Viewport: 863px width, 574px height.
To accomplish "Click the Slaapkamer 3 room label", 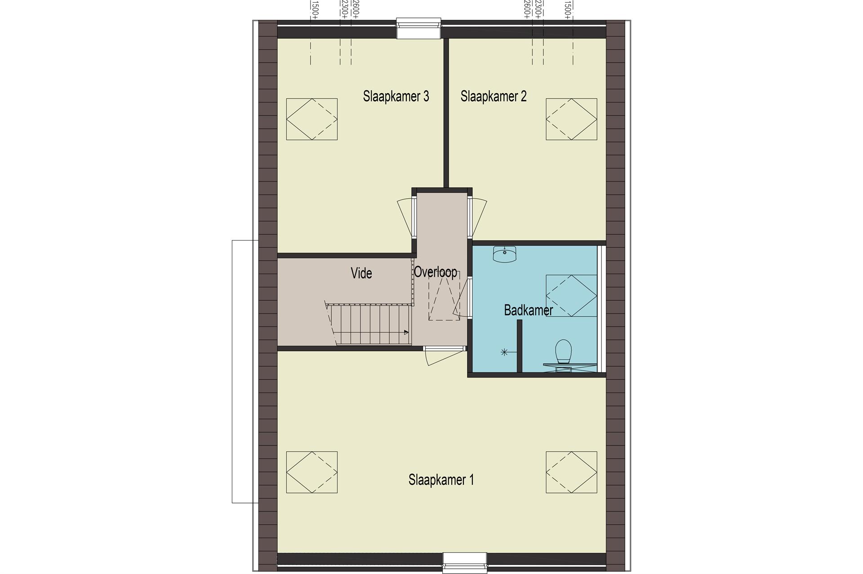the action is click(396, 96).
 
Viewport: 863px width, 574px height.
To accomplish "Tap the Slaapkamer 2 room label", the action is click(494, 96).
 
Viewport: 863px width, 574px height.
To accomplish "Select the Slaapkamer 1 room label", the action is click(441, 480).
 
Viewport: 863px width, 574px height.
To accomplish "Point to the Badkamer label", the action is click(528, 310).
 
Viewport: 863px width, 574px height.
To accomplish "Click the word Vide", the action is click(361, 273).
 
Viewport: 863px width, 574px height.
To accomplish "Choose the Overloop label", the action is click(436, 272).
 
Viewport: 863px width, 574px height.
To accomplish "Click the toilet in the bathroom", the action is click(563, 352).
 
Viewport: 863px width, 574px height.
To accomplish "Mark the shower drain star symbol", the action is click(504, 352).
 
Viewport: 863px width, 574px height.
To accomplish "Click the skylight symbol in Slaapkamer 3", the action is click(312, 119).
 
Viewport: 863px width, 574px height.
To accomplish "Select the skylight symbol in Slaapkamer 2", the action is click(571, 119).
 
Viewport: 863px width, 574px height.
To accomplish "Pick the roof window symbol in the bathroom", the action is click(571, 296).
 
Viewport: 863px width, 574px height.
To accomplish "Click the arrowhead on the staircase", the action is click(406, 333).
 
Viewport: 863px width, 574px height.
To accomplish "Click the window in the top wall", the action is click(418, 29).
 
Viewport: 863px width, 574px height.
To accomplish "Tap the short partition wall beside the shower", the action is click(520, 346).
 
